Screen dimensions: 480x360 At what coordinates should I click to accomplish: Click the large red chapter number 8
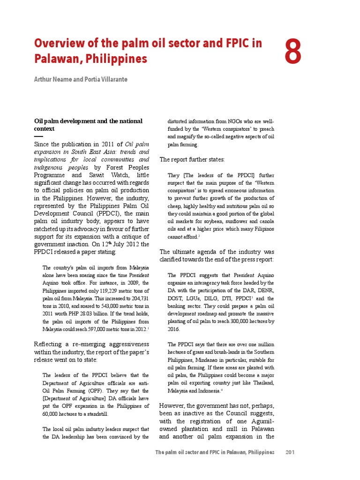(x=293, y=52)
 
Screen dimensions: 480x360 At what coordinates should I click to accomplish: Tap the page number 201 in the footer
(x=290, y=452)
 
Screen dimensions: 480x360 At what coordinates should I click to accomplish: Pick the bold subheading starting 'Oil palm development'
(x=88, y=121)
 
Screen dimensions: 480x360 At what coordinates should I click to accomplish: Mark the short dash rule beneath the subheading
(x=38, y=136)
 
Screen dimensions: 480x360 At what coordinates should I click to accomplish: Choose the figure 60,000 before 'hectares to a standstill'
(x=52, y=414)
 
